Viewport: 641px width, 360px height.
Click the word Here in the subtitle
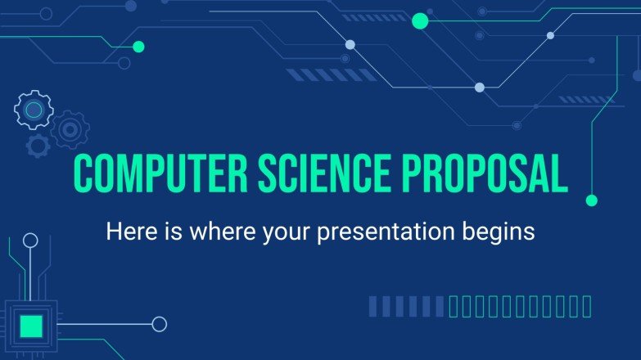tap(129, 232)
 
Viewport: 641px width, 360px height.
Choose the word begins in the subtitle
tap(502, 232)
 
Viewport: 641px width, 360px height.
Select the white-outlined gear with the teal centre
tap(34, 110)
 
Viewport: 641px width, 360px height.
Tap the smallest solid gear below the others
tap(37, 146)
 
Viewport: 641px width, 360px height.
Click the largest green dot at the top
tap(420, 21)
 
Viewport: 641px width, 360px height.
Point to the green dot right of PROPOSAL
tap(592, 200)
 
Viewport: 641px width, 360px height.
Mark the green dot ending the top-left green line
tap(138, 47)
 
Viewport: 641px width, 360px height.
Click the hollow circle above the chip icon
tap(30, 241)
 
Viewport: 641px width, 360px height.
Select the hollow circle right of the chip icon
tap(159, 324)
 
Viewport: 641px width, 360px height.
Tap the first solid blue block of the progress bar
tap(374, 307)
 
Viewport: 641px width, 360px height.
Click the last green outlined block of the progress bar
tap(585, 307)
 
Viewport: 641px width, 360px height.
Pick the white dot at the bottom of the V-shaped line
tap(480, 88)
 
